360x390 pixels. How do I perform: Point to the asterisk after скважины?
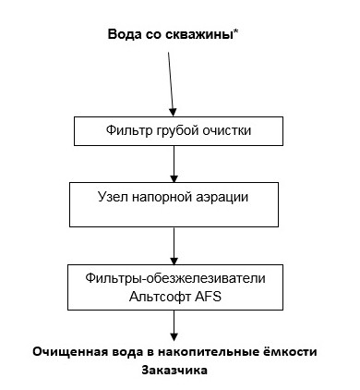click(x=238, y=33)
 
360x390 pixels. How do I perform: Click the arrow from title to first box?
click(x=170, y=88)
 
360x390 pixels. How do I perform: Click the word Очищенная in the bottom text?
click(x=70, y=352)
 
